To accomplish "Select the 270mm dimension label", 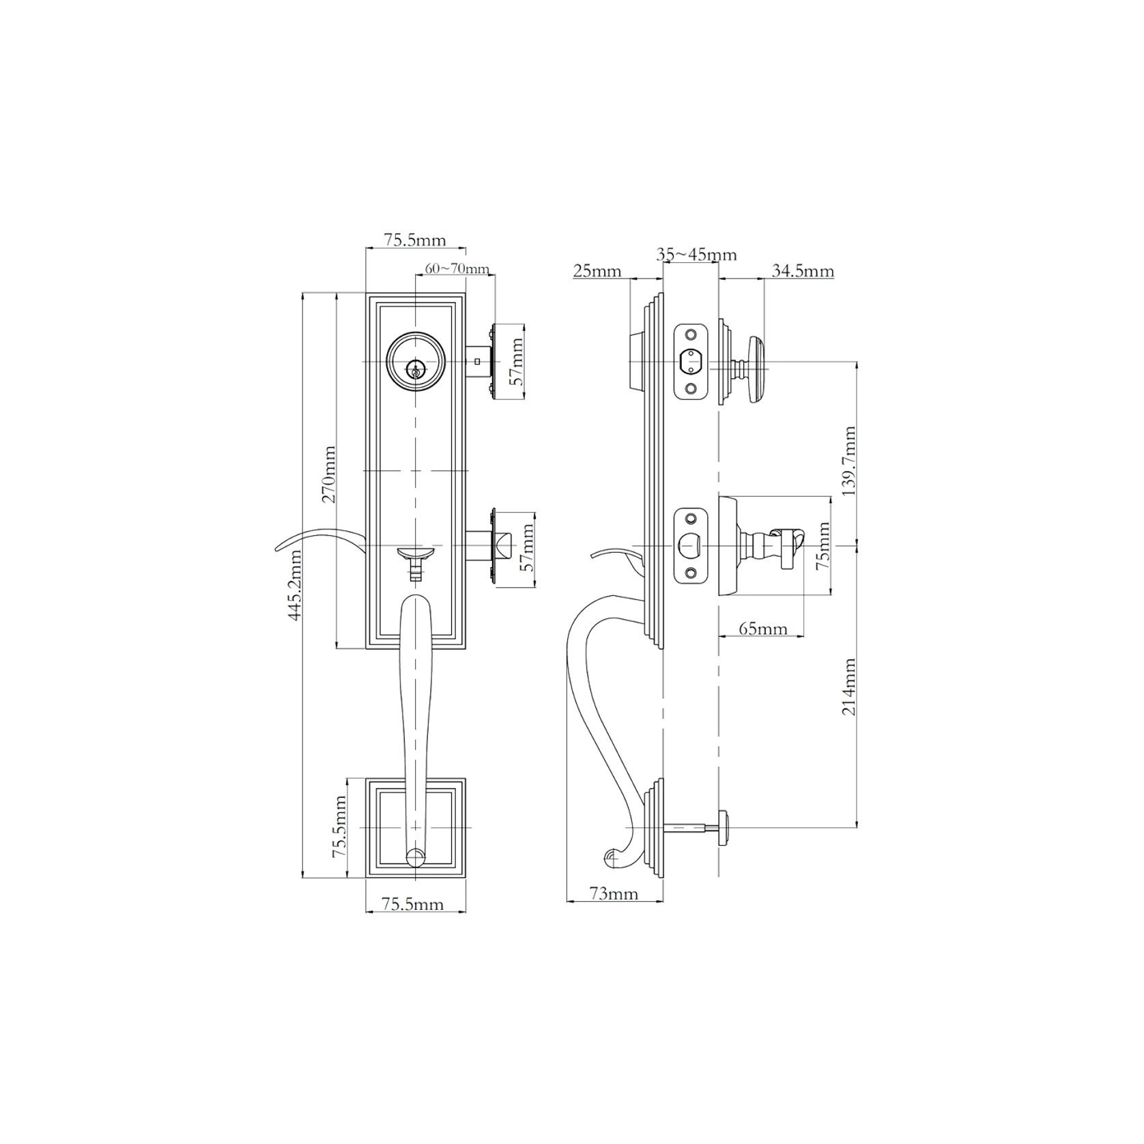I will (x=329, y=474).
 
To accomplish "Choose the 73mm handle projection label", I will (x=614, y=893).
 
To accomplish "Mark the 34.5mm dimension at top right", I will (x=802, y=272).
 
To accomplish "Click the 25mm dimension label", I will (x=597, y=272).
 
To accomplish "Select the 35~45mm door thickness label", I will (x=696, y=255).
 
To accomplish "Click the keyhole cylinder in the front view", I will (x=414, y=369).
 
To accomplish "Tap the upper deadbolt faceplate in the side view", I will (x=691, y=361).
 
